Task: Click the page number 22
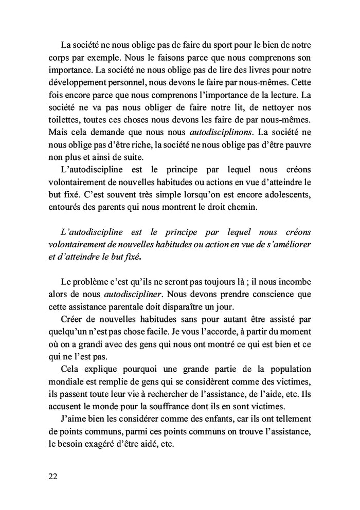click(x=52, y=476)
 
